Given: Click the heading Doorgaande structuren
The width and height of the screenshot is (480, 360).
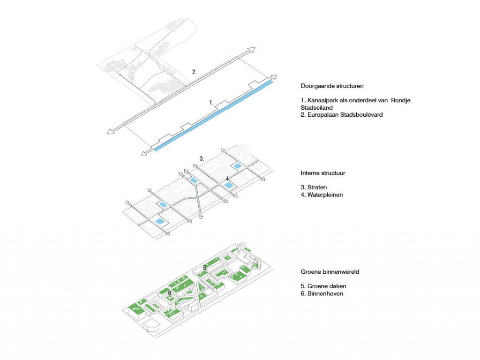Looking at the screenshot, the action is click(x=332, y=86).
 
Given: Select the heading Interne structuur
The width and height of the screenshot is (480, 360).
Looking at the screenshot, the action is click(x=323, y=173).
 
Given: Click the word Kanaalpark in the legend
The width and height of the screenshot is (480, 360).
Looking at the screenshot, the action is click(x=322, y=100).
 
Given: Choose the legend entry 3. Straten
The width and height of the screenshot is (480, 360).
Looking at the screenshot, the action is click(x=314, y=187).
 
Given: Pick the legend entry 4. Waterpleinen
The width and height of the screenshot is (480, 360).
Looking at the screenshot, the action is click(x=322, y=195).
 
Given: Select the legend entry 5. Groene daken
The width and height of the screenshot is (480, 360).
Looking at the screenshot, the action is click(x=323, y=286).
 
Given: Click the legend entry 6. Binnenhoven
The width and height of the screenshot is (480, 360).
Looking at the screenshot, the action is click(x=322, y=293).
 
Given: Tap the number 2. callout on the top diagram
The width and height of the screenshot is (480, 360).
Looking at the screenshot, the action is click(x=195, y=72).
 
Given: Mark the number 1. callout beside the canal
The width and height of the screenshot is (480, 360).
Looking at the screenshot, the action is click(x=211, y=103).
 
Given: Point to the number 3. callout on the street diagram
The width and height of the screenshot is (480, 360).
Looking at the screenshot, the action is click(x=202, y=158).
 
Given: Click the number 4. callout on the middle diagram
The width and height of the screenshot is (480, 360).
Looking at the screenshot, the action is click(x=227, y=179).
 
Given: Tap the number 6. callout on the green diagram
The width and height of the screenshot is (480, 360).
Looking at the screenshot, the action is click(x=170, y=293).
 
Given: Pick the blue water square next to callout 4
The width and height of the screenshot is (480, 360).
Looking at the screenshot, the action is click(x=228, y=185).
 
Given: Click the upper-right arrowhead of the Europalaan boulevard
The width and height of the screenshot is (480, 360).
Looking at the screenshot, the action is click(x=252, y=49).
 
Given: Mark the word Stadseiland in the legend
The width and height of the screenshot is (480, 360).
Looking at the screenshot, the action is click(x=316, y=108).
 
